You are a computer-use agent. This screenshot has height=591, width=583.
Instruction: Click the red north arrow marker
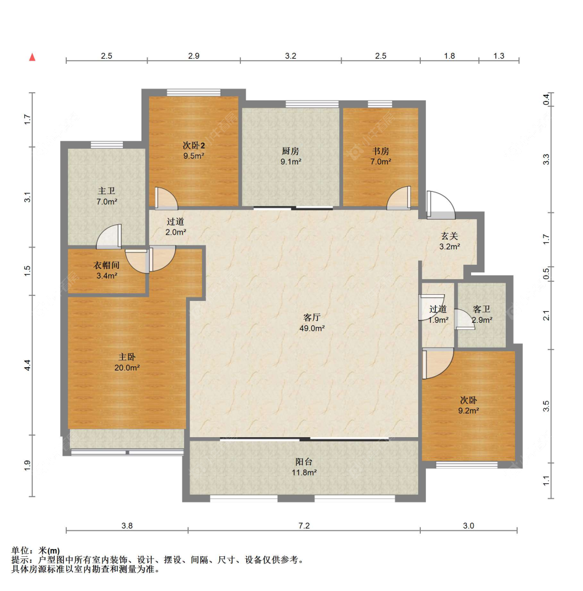pos(33,57)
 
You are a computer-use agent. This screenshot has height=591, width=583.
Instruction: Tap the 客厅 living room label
pos(312,318)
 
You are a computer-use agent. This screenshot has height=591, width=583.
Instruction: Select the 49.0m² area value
pos(312,328)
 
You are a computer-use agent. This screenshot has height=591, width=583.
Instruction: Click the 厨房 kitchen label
pos(290,151)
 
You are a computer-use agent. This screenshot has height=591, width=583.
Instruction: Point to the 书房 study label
pos(380,151)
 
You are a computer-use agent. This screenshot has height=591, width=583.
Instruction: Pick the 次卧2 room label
pos(194,146)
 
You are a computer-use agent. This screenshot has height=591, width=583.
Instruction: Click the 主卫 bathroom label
pos(107,191)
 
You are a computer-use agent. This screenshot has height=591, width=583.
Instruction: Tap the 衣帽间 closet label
pos(107,265)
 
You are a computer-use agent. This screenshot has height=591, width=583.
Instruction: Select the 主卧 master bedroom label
pos(127,357)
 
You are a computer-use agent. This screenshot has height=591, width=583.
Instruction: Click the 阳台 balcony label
pos(304,462)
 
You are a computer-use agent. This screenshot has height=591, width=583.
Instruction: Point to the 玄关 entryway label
pos(449,236)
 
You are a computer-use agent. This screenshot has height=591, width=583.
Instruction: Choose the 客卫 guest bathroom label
pos(481,309)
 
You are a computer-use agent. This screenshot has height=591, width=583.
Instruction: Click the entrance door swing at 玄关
pos(441,206)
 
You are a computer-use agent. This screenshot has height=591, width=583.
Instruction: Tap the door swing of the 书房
pos(399,198)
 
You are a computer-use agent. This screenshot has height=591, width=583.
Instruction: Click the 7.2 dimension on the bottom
pos(304,526)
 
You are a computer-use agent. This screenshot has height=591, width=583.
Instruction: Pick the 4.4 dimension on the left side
pos(27,365)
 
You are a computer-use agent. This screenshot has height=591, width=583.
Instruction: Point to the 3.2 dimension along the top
pos(290,56)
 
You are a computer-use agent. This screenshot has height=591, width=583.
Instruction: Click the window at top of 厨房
pos(312,105)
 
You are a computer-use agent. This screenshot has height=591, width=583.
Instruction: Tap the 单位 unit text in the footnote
pos(20,551)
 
